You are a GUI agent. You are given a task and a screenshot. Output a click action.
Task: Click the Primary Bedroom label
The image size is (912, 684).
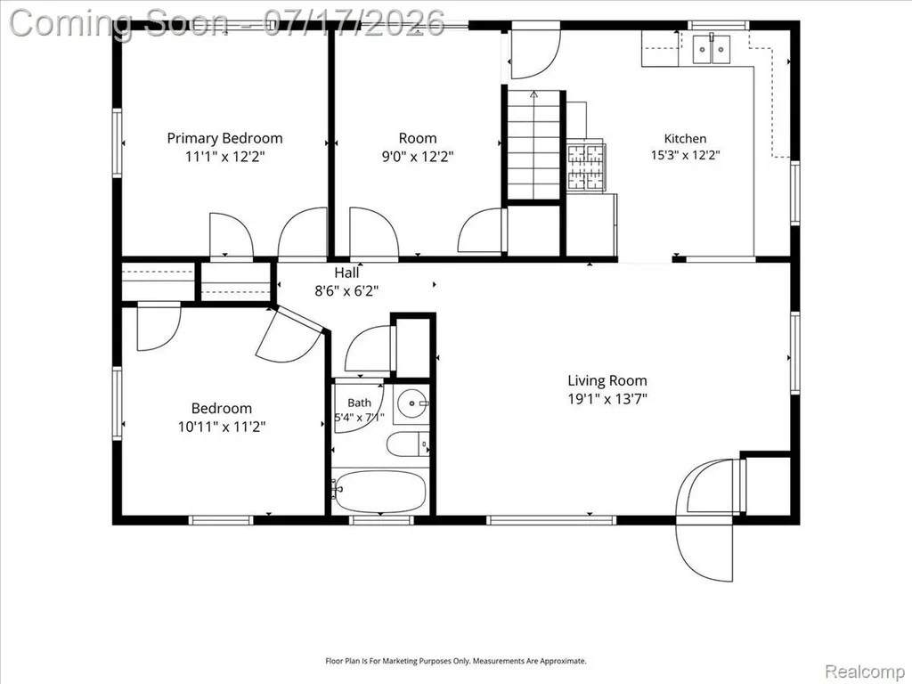click(x=224, y=138)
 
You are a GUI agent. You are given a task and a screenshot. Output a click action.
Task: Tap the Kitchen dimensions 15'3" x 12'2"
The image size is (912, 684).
click(x=685, y=155)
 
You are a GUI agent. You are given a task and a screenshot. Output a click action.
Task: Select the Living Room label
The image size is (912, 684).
click(x=607, y=380)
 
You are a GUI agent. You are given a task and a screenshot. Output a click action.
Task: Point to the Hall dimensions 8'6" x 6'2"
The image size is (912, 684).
click(x=346, y=291)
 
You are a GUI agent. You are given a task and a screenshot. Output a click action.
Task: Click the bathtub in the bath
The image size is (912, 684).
click(x=380, y=493)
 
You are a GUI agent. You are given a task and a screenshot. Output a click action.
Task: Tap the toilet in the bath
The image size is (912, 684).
click(x=408, y=445)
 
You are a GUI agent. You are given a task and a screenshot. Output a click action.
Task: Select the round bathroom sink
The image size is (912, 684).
click(x=411, y=403)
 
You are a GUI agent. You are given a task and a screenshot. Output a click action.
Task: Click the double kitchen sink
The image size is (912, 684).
click(x=712, y=50)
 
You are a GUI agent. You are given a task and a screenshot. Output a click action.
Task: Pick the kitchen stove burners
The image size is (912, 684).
click(x=586, y=167)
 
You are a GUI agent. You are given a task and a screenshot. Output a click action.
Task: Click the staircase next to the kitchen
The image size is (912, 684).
click(x=534, y=145)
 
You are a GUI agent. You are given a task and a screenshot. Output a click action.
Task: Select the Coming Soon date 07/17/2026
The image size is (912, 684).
click(x=354, y=24)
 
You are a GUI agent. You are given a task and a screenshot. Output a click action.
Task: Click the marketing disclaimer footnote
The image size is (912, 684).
click(x=456, y=661)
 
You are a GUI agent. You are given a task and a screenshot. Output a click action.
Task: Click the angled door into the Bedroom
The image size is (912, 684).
click(x=289, y=335)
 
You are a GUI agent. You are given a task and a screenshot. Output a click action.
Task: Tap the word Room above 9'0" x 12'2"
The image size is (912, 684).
click(x=418, y=138)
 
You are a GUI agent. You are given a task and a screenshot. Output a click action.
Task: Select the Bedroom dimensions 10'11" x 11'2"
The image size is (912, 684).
click(x=222, y=427)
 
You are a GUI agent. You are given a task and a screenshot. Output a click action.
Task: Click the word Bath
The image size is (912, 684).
click(x=360, y=403)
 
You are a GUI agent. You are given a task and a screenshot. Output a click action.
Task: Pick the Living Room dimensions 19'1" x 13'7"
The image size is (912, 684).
click(x=607, y=399)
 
